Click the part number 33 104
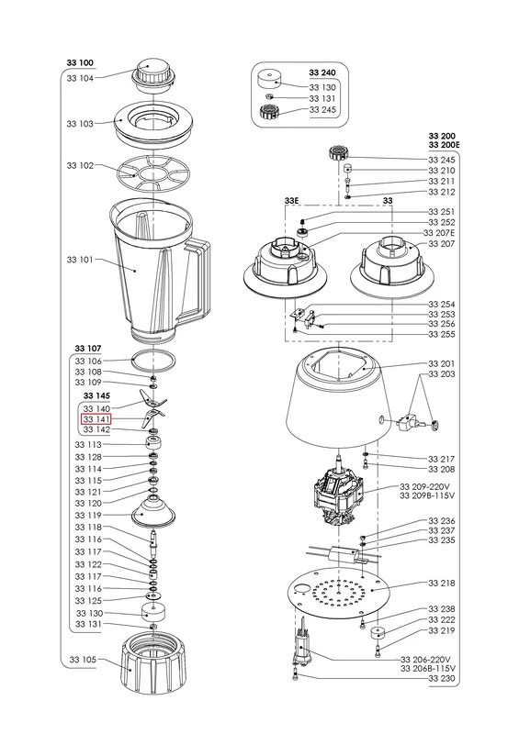[80, 79]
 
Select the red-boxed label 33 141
[96, 418]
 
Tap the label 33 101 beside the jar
[80, 260]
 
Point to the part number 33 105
[80, 659]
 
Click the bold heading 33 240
[322, 72]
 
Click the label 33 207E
[442, 233]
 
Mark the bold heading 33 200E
[443, 145]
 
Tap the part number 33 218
[442, 583]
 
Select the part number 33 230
[442, 678]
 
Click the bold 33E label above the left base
[291, 199]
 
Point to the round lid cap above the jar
[152, 73]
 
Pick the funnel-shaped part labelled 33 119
[152, 510]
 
